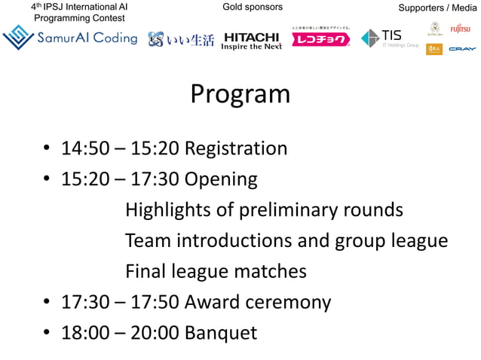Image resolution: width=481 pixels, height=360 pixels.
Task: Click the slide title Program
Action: tap(240, 94)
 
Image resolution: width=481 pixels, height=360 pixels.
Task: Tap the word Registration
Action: tap(236, 148)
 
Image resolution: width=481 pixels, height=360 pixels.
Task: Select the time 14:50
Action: tap(85, 148)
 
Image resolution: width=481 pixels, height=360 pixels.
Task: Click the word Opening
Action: tap(221, 180)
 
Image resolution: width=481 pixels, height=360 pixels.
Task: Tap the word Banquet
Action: tap(221, 333)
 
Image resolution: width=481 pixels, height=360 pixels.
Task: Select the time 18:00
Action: tap(85, 333)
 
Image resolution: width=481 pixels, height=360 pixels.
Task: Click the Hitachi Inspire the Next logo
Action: tap(251, 40)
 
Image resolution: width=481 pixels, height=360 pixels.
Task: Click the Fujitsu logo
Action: tap(460, 29)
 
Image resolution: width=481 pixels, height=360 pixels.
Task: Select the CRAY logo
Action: tap(461, 49)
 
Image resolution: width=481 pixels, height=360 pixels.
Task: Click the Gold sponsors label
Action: tap(253, 8)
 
